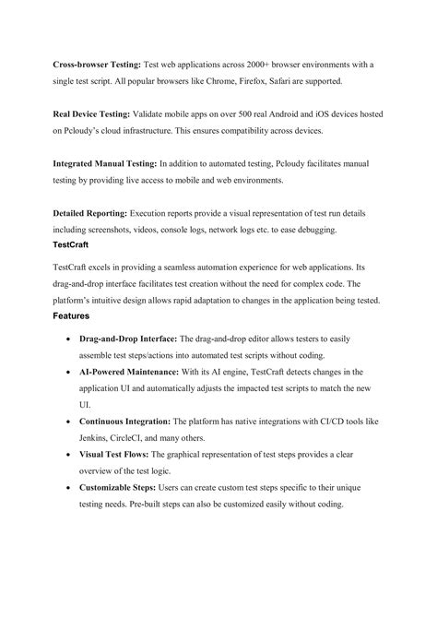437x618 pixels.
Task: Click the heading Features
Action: (x=71, y=315)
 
